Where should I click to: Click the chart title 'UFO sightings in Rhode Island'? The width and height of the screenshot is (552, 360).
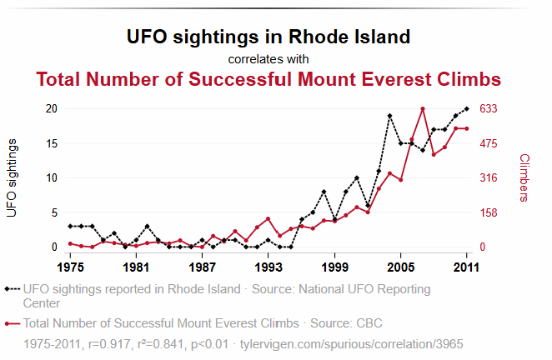[268, 37]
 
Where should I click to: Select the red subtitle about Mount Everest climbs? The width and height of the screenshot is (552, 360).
[268, 79]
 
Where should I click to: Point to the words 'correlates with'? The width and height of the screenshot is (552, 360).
[268, 59]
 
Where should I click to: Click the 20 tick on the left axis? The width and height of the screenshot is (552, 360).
[51, 108]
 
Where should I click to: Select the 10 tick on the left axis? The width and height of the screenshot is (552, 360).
[51, 177]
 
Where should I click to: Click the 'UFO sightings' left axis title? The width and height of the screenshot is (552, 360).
[12, 178]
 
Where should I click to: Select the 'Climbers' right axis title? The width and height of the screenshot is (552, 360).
[524, 177]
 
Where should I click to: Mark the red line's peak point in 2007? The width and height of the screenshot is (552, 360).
[423, 109]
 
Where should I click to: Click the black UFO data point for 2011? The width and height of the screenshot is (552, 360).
[467, 108]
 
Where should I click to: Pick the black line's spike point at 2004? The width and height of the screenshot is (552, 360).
[389, 116]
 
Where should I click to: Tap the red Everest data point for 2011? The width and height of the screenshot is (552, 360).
[467, 128]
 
